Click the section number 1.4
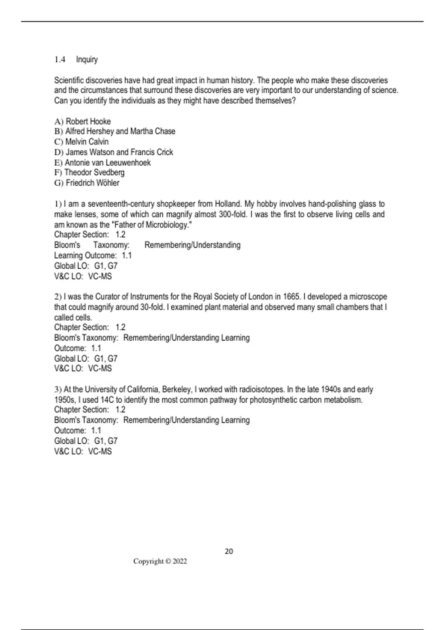(x=60, y=60)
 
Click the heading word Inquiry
(x=87, y=60)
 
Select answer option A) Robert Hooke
(x=82, y=122)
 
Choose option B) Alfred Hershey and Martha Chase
(x=115, y=131)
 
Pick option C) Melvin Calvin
(x=81, y=142)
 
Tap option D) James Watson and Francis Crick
(x=113, y=152)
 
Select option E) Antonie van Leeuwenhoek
(x=102, y=162)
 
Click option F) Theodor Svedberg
(x=89, y=172)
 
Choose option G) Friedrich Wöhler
(x=87, y=183)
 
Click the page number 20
(x=229, y=551)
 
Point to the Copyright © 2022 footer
(x=160, y=561)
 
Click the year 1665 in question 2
(x=291, y=297)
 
